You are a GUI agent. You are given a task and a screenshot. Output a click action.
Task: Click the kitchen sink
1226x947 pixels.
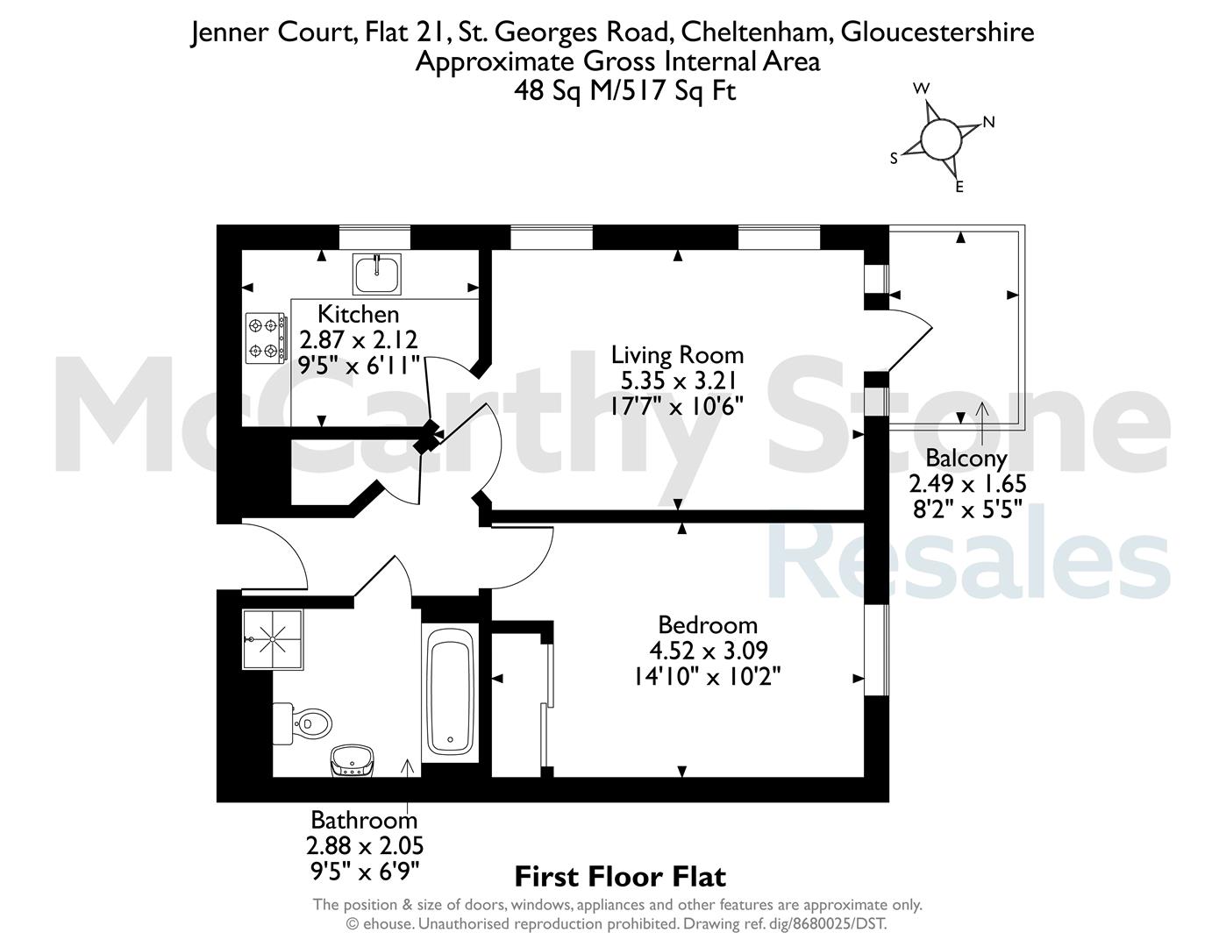click(x=377, y=274)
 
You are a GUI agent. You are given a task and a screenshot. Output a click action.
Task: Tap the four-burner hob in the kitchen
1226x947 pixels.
click(x=265, y=338)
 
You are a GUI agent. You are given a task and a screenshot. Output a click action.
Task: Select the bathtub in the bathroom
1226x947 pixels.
click(x=450, y=693)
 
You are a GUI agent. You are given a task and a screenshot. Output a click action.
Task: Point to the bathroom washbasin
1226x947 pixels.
click(x=352, y=760)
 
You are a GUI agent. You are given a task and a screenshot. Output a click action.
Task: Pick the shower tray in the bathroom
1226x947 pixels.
click(x=273, y=639)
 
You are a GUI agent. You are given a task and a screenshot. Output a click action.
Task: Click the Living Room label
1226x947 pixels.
click(x=678, y=355)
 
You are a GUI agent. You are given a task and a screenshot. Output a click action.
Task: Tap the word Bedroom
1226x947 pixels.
click(x=708, y=625)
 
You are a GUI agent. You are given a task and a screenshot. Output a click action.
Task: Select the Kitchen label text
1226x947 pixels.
click(x=359, y=314)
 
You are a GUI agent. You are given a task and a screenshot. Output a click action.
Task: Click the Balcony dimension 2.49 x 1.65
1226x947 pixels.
click(x=967, y=483)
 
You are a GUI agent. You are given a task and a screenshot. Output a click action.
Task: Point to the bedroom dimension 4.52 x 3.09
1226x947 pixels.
click(x=709, y=651)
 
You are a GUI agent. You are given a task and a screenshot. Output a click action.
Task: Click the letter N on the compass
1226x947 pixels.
click(x=988, y=122)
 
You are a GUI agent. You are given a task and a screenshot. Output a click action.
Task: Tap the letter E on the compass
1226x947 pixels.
click(x=959, y=188)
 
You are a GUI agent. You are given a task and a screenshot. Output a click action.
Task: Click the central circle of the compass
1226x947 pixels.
click(x=940, y=139)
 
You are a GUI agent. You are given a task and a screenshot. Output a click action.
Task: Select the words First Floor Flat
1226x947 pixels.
click(x=620, y=877)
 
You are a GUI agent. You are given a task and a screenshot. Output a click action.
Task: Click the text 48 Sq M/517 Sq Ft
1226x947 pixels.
click(x=624, y=91)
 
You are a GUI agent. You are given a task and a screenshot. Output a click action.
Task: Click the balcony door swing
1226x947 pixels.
click(x=910, y=341)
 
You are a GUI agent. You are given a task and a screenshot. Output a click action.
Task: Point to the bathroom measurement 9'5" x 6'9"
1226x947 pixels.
click(x=365, y=872)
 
